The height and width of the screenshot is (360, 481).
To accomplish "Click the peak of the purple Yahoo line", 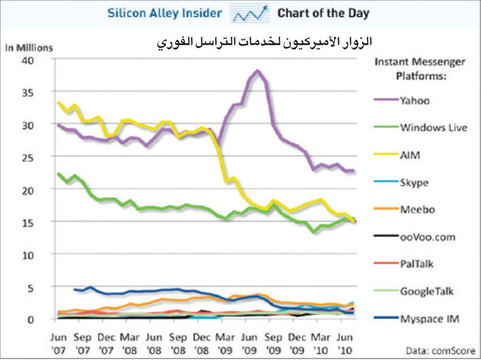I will tap(258, 71).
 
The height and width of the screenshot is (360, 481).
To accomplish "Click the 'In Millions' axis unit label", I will tap(29, 47).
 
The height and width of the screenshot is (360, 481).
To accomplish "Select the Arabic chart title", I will tap(263, 41).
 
